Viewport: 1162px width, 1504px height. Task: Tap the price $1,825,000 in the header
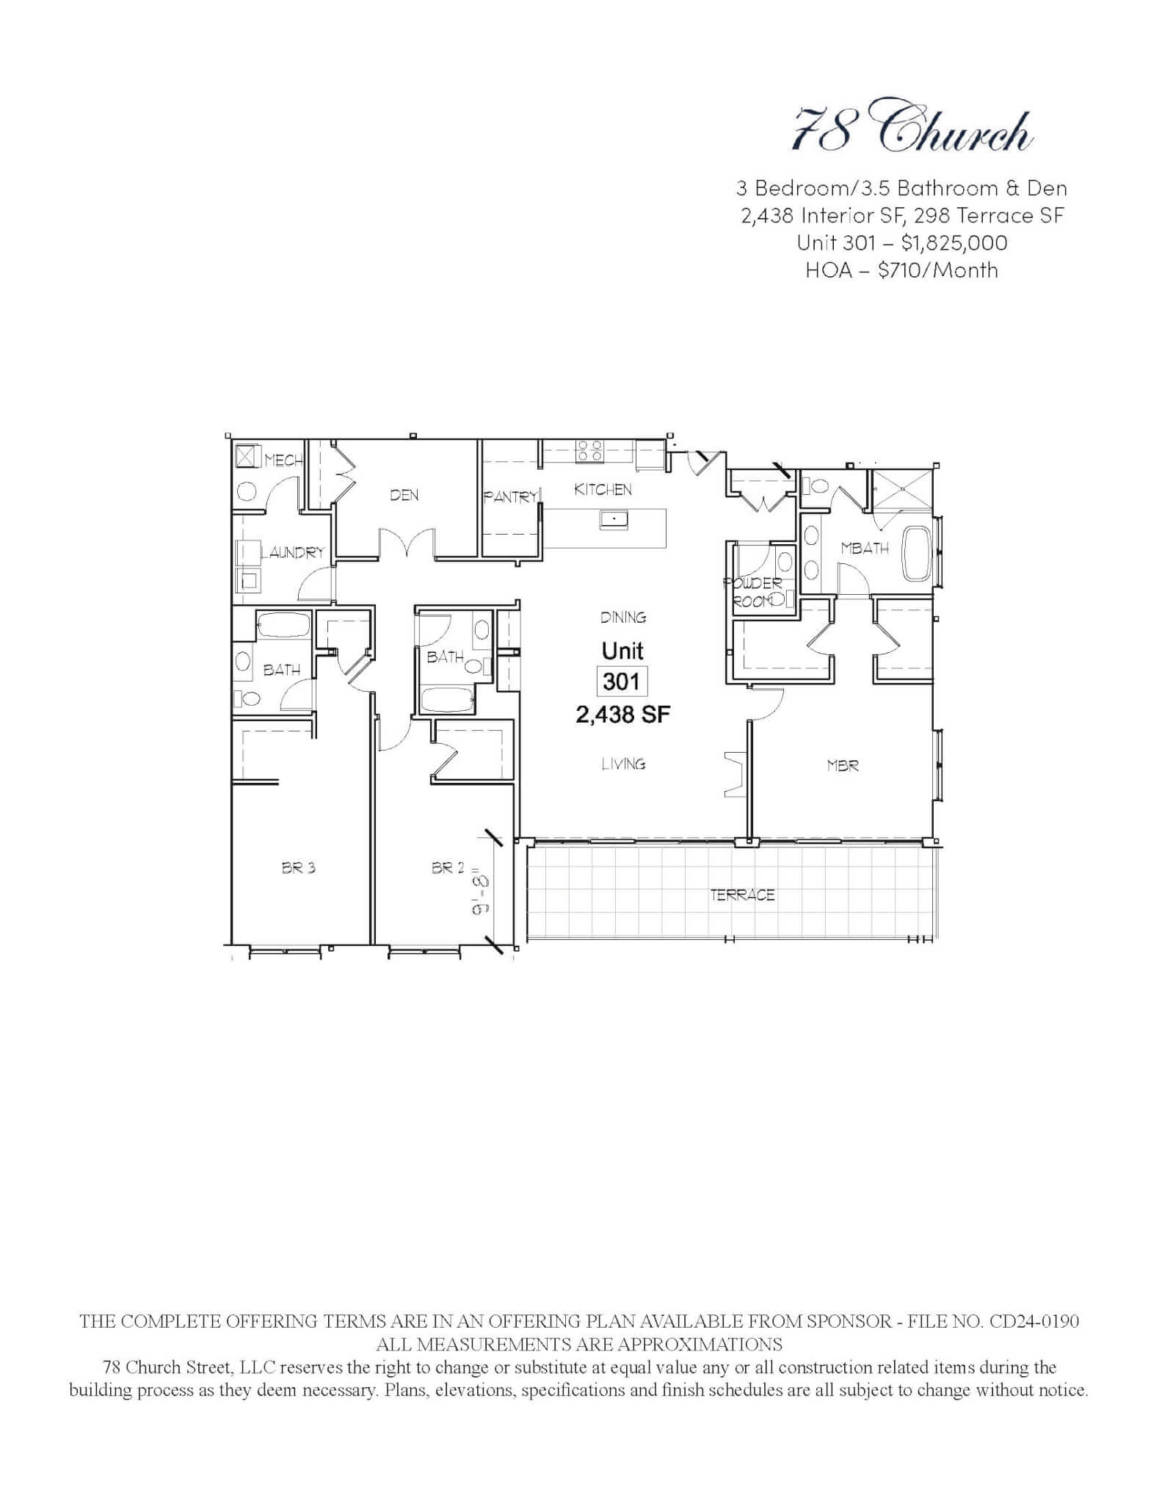954,243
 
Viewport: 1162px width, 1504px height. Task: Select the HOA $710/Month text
901,270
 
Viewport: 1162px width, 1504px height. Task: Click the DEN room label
404,495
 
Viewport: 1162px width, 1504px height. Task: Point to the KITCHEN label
603,489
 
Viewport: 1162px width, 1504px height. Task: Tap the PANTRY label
510,497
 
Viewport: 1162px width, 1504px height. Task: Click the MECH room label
283,460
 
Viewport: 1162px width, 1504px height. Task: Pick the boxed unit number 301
622,682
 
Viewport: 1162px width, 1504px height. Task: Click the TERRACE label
742,894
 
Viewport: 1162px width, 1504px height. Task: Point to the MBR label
842,766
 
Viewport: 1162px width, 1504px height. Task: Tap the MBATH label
865,548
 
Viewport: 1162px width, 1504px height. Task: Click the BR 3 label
298,867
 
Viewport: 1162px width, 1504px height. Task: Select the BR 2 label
448,867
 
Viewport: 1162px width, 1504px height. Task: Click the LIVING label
623,764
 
